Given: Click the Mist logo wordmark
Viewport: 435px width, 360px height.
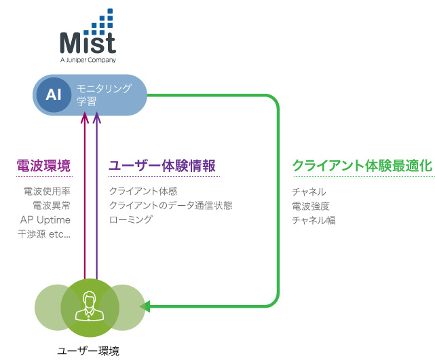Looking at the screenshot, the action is point(88,43).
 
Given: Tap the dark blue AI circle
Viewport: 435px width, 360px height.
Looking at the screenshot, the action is point(54,94).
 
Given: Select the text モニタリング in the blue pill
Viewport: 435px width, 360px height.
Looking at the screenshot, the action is point(104,88).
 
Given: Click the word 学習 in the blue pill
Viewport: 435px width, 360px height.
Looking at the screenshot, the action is point(87,101).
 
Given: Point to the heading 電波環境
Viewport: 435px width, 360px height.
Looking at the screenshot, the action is point(43,166).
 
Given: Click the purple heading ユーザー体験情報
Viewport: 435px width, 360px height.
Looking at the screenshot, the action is point(162,166).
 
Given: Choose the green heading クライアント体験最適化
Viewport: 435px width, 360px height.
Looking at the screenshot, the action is point(362,166).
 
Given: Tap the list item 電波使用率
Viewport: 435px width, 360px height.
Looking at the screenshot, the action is point(47,191).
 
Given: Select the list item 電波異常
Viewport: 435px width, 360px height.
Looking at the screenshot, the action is point(52,206).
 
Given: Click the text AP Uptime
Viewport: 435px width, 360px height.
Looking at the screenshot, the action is point(45,220).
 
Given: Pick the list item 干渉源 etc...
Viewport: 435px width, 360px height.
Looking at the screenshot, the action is point(44,234).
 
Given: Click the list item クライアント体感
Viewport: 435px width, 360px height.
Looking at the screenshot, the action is point(143,191).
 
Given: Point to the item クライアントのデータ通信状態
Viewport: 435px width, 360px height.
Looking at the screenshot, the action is point(170,206).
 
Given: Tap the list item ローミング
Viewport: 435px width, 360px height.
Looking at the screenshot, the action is point(131,219).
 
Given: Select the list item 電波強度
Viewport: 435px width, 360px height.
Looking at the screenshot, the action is point(311,206).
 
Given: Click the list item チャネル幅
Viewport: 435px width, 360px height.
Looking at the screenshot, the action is point(314,221).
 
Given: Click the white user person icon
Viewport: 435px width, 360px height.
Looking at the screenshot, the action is point(90,306).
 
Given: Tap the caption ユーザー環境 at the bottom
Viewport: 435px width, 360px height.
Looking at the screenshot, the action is point(88,351).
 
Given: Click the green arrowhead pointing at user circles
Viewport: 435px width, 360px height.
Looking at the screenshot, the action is point(145,306).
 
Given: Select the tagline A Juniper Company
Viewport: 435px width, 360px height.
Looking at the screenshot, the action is point(88,60).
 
